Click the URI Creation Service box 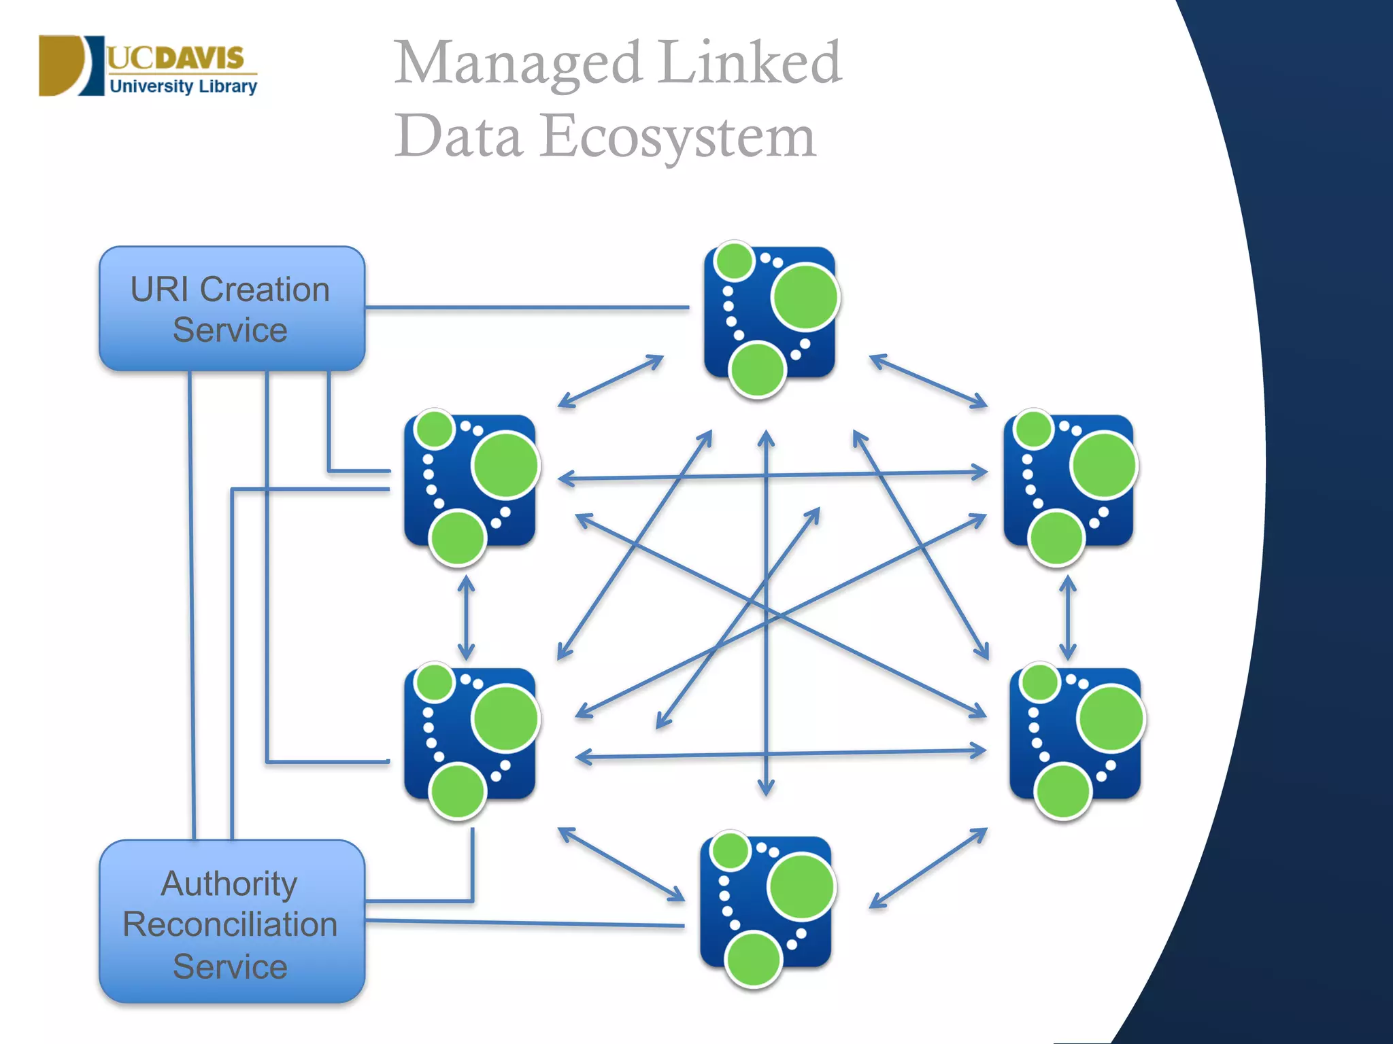click(x=232, y=309)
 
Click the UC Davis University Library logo click(x=148, y=66)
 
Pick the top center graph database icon click(x=769, y=314)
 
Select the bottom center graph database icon click(x=766, y=904)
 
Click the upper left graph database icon click(x=469, y=483)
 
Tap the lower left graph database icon click(x=469, y=735)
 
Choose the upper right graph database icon click(x=1069, y=483)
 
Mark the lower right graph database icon click(x=1075, y=735)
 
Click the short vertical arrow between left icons click(x=466, y=617)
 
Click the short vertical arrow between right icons click(x=1067, y=617)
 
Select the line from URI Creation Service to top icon click(x=527, y=308)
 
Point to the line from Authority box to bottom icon click(x=524, y=923)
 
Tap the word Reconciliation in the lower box click(x=230, y=924)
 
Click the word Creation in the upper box click(x=265, y=290)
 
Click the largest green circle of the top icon click(x=805, y=297)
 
